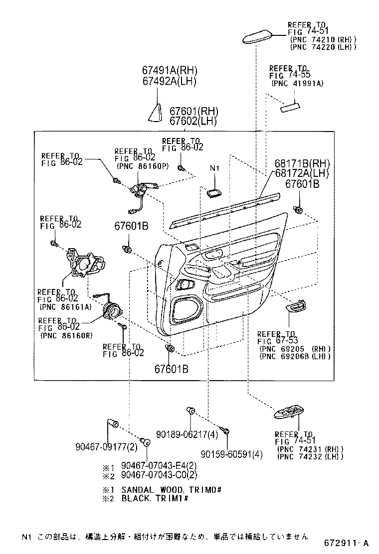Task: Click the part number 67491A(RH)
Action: point(170,70)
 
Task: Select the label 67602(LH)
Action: point(193,121)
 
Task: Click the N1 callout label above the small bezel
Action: point(214,168)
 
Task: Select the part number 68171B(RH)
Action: point(302,163)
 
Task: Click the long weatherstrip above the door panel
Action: point(225,211)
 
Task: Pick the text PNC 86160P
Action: point(143,166)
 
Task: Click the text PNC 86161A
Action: point(65,307)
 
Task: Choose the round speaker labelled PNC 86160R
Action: point(112,311)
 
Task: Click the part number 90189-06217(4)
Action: point(187,434)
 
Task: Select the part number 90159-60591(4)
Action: point(231,454)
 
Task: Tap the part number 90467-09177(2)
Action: point(106,447)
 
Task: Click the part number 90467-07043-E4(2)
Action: point(159,465)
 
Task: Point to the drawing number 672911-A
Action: point(347,543)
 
